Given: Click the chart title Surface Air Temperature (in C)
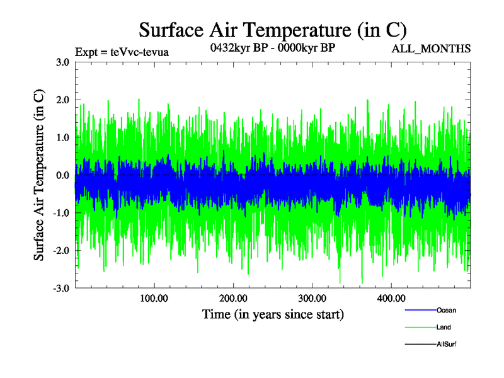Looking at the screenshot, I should (x=272, y=30).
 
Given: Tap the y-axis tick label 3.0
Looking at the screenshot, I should (x=62, y=62).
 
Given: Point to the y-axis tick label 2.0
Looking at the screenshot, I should (x=62, y=100).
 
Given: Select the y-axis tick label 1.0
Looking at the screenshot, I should (x=62, y=138).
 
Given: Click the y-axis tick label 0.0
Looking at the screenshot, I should (x=62, y=175).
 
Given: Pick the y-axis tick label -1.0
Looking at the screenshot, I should (x=60, y=213).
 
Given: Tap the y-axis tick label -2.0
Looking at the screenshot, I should (x=60, y=251).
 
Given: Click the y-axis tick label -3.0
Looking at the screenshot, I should (x=60, y=289).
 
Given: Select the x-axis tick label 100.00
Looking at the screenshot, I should (x=154, y=298).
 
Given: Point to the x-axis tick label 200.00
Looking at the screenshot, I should (x=233, y=298).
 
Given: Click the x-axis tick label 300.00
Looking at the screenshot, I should (x=312, y=298).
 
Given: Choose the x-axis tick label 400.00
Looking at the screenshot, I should (x=391, y=298).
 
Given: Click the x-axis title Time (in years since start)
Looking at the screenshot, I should (x=273, y=314).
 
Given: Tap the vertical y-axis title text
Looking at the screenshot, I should (x=39, y=175).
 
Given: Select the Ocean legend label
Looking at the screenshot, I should (x=446, y=311).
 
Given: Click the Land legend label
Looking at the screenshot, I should (x=444, y=328).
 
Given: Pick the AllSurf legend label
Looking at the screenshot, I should (x=446, y=345).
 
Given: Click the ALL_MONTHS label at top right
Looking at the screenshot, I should (x=432, y=49).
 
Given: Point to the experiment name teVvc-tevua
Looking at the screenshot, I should (x=139, y=52).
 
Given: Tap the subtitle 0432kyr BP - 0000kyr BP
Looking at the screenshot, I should (x=272, y=48).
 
